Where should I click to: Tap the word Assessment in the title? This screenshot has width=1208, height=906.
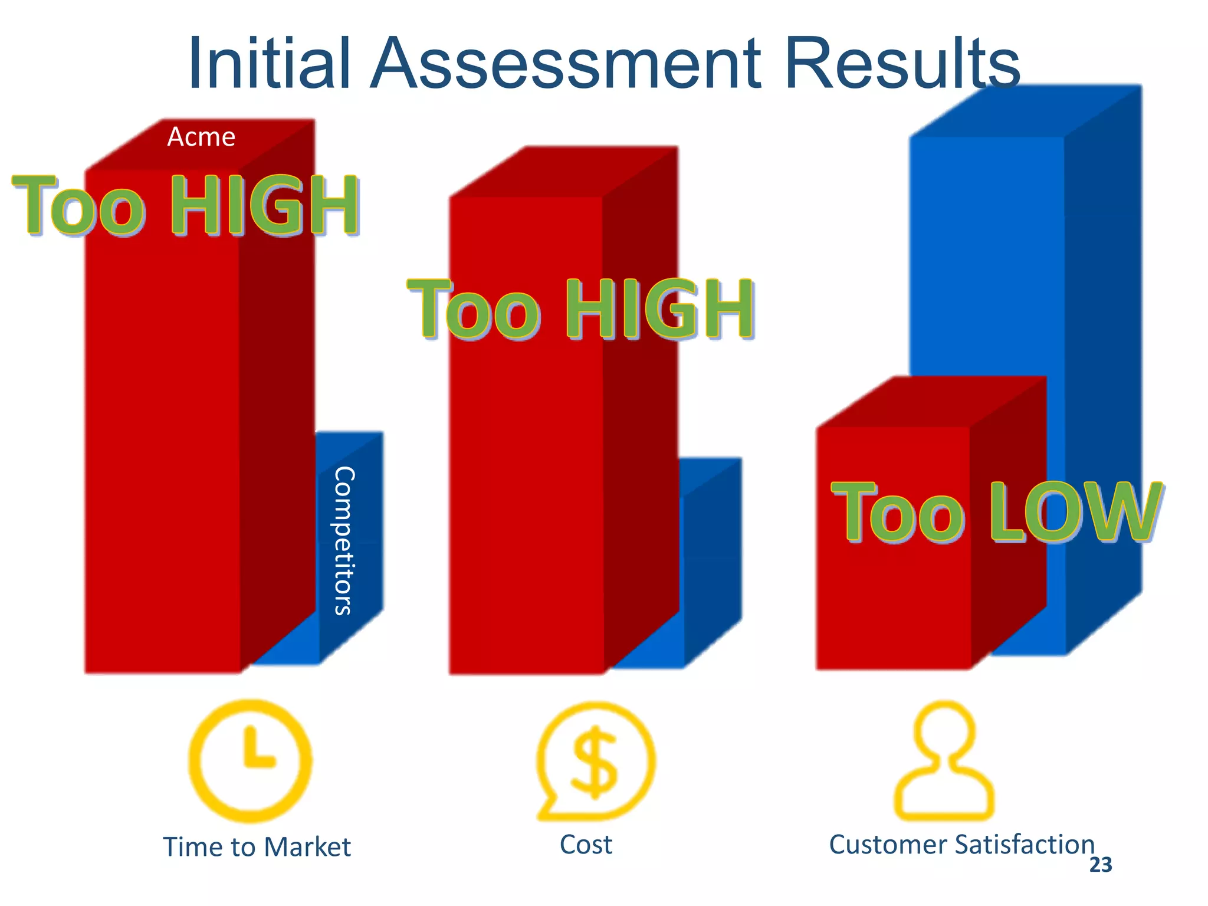coord(564,63)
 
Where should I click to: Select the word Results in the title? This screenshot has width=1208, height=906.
coord(902,63)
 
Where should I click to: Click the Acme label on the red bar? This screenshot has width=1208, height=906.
coord(201,137)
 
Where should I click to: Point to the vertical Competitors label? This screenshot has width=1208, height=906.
coord(344,540)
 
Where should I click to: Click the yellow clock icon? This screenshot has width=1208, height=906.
coord(250,760)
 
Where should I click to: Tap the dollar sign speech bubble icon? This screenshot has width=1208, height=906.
coord(595,761)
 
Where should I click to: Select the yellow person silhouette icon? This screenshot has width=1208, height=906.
coord(944,761)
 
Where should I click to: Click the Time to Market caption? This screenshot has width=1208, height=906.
coord(257,847)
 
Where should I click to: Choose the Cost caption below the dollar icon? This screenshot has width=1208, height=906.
coord(586,845)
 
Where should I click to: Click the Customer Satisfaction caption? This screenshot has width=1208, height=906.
coord(961,845)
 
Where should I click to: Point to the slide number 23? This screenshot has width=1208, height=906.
coord(1100,865)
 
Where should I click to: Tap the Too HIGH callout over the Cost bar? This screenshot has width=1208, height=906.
coord(580,309)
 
